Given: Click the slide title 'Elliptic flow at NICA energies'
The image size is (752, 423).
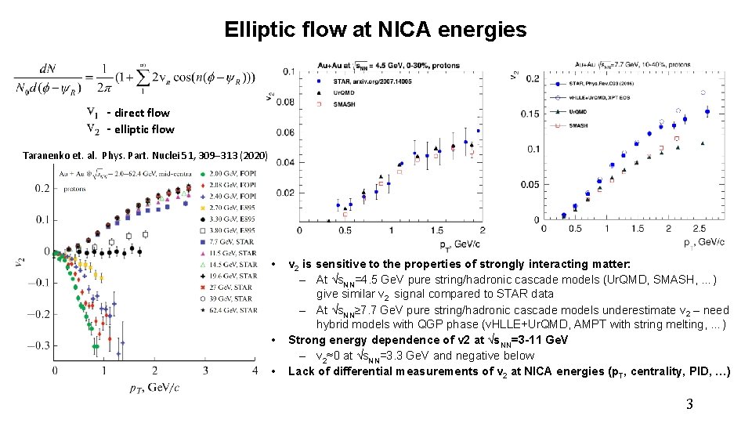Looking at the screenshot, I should point(375,30).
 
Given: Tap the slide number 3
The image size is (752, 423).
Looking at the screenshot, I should point(689,404).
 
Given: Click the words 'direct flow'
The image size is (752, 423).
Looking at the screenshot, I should point(142,113).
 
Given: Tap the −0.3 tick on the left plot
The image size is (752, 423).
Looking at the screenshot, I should point(35,345).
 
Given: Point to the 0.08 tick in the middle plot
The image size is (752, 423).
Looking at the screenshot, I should point(286,102).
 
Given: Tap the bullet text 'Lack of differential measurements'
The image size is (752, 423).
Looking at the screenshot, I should point(509,371).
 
